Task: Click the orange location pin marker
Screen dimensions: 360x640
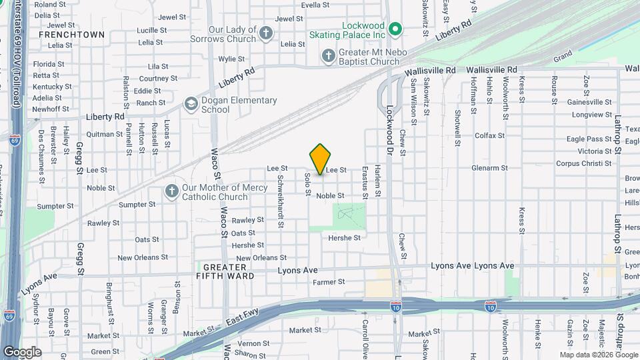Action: (321, 159)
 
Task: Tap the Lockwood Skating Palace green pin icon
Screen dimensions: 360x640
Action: (395, 29)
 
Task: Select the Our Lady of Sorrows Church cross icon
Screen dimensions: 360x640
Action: (266, 34)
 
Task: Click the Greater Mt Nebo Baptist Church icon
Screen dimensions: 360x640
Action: (328, 56)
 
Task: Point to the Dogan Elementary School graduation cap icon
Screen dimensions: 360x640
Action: (191, 105)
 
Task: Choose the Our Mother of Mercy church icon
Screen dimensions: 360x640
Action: (171, 192)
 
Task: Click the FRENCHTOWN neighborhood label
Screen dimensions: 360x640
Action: (71, 34)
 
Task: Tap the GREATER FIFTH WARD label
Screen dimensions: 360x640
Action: (225, 271)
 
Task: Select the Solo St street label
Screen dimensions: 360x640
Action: (308, 184)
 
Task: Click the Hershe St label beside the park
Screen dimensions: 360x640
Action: (344, 237)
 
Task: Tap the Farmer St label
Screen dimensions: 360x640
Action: (329, 282)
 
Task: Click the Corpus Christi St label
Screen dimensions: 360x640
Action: (584, 163)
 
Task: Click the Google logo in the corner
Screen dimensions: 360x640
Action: (21, 352)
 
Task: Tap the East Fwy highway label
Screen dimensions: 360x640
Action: (237, 321)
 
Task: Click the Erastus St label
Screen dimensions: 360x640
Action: (365, 183)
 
